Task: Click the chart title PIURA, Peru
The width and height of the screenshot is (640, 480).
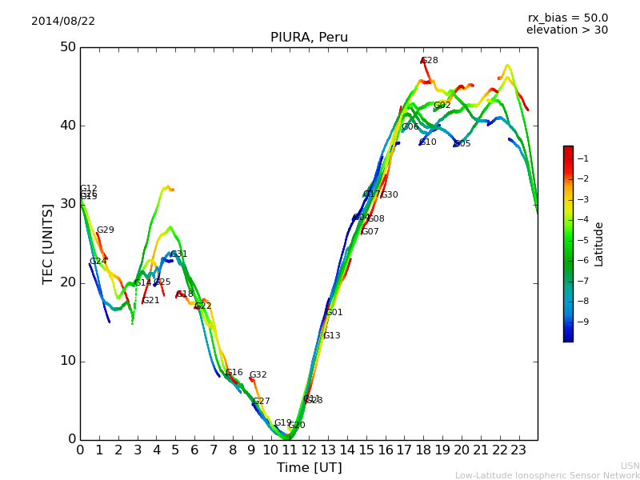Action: pos(309,38)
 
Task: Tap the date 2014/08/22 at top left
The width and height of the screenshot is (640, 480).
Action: pos(63,22)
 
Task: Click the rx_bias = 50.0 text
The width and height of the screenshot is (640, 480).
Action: pos(567,18)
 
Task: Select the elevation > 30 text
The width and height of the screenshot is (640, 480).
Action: pos(567,30)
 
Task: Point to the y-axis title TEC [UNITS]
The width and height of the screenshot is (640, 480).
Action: pos(48,243)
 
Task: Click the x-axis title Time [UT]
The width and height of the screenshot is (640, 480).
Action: pos(309,468)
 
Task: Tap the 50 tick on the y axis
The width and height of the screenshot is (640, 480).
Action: pos(67,47)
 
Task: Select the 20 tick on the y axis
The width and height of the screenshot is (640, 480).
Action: pos(67,282)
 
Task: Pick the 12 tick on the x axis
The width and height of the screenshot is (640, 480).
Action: pos(309,450)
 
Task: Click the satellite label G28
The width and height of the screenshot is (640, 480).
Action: pos(430,61)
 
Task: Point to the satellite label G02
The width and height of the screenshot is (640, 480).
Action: pos(442,106)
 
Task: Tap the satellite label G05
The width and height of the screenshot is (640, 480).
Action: pos(462,144)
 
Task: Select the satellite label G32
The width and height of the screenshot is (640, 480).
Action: pos(258,375)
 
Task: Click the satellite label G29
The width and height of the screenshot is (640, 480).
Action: pos(106,230)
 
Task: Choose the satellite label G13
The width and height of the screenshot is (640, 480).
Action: pos(332,336)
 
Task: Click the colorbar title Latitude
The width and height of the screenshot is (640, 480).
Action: pos(599,243)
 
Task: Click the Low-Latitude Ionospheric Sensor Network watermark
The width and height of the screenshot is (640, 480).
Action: pos(547,476)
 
